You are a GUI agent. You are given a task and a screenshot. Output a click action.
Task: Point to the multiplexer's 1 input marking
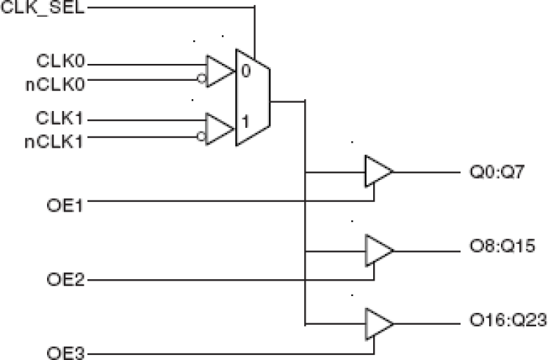coord(246,118)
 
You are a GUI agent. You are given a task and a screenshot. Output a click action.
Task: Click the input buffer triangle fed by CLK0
coord(219,71)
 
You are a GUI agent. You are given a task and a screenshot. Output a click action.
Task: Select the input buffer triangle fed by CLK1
coord(219,128)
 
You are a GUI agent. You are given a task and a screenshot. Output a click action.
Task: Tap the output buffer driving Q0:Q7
coord(378,172)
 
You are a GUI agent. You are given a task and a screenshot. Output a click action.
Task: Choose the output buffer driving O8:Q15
coord(378,251)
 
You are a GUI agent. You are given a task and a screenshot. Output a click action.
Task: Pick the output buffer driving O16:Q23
coord(378,323)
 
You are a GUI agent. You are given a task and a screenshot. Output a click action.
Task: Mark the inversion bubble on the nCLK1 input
coord(200,135)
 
